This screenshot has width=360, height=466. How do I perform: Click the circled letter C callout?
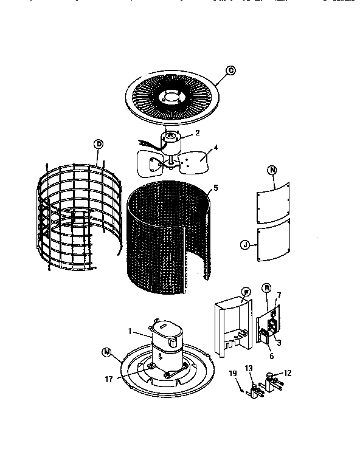230,70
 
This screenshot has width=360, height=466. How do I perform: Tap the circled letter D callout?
98,144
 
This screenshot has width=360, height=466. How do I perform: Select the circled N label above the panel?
271,171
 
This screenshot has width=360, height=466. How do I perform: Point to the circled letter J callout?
245,245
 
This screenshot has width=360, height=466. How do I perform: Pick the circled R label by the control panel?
266,289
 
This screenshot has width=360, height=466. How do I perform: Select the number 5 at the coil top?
215,188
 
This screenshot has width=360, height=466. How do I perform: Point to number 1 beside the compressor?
129,332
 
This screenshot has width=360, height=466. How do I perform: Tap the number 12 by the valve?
288,372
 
